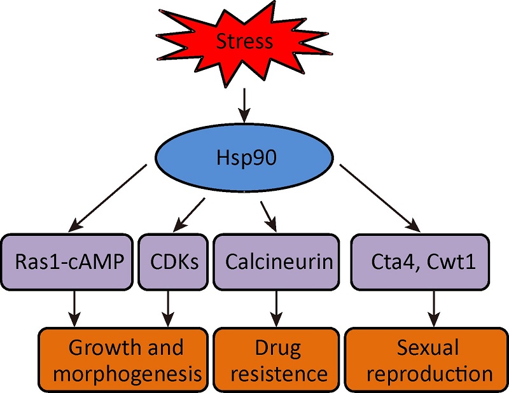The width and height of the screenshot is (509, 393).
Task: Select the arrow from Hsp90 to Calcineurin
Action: [x=269, y=215]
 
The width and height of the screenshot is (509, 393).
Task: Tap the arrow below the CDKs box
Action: [x=167, y=307]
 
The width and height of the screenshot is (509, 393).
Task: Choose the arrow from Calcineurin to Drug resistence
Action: [x=275, y=307]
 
